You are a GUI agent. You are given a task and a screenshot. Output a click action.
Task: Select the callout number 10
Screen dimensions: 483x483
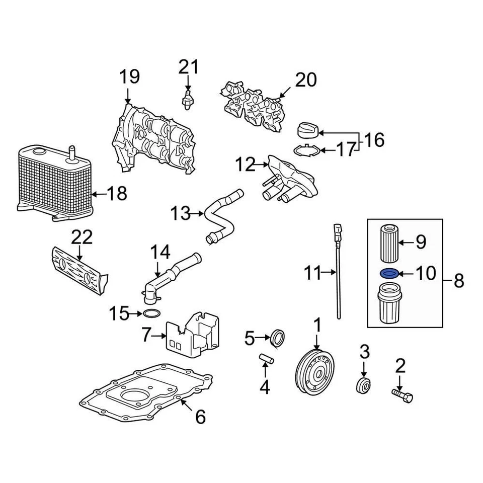426,274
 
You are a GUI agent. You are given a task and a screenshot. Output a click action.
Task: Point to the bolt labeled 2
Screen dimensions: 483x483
402,396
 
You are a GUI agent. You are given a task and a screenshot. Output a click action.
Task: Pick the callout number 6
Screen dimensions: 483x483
200,416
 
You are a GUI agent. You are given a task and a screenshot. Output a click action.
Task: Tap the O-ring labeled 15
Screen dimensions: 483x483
150,314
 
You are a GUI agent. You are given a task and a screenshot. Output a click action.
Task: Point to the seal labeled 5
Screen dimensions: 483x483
277,338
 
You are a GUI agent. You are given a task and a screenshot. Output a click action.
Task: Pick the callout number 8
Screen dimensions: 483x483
458,281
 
